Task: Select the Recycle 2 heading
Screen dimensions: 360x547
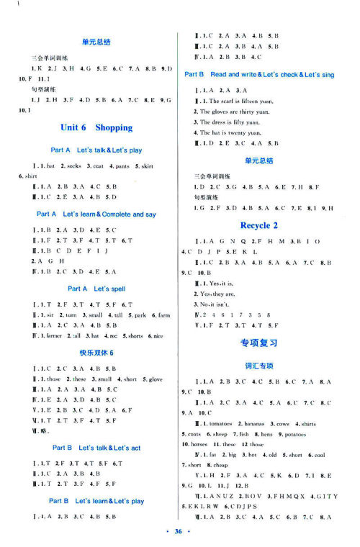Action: click(x=259, y=225)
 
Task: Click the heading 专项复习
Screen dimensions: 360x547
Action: click(x=259, y=343)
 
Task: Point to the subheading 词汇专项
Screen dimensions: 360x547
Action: click(x=259, y=365)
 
